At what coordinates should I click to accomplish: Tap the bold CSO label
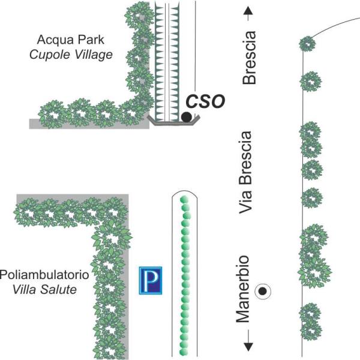tap(205, 100)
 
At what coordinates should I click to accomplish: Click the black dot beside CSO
tap(187, 116)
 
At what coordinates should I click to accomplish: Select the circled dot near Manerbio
tap(262, 292)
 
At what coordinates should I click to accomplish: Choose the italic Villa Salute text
tap(49, 290)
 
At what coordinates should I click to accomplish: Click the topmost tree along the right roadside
tap(307, 44)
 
